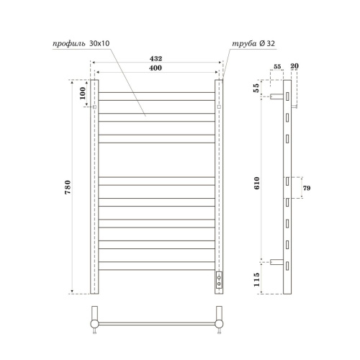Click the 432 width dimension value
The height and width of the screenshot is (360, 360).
156,58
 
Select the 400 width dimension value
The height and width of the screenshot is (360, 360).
156,68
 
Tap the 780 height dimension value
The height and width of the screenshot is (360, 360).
68,187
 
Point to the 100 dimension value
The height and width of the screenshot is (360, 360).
82,93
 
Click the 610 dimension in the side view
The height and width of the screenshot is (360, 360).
257,183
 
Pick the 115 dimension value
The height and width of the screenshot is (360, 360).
256,279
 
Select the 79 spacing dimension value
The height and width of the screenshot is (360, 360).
307,188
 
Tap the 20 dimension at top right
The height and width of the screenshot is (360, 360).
294,66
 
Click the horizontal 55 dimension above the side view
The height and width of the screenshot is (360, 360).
277,66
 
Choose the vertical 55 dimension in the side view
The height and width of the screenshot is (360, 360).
256,88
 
